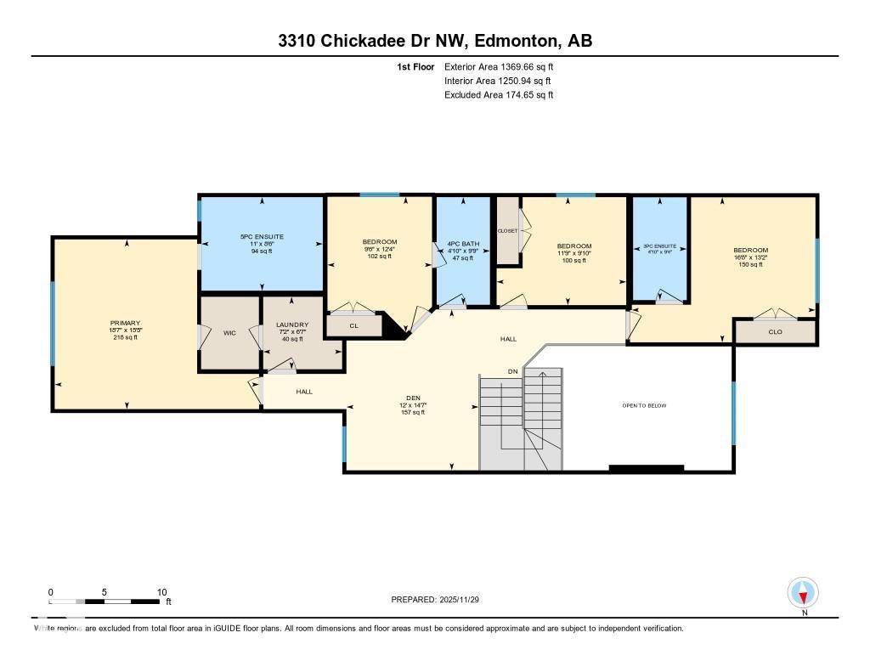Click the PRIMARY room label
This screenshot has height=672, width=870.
[124, 323]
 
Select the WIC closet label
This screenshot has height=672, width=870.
[229, 333]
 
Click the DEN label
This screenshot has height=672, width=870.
[413, 397]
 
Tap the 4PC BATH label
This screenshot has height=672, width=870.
[463, 244]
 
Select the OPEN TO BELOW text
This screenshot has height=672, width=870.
[644, 405]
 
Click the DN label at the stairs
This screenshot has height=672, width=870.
[512, 372]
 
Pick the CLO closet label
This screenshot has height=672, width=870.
[775, 331]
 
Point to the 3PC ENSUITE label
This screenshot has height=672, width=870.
[659, 246]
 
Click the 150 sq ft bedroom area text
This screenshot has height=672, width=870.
[750, 265]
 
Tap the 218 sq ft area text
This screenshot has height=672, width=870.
[124, 337]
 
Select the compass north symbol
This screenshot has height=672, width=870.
[803, 592]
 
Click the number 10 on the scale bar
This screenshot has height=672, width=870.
[161, 592]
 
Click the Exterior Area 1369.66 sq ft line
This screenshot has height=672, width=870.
[499, 66]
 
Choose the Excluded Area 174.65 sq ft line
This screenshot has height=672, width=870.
[499, 95]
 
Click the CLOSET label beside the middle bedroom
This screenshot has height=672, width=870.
[507, 230]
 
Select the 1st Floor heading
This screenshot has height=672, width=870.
[415, 66]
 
